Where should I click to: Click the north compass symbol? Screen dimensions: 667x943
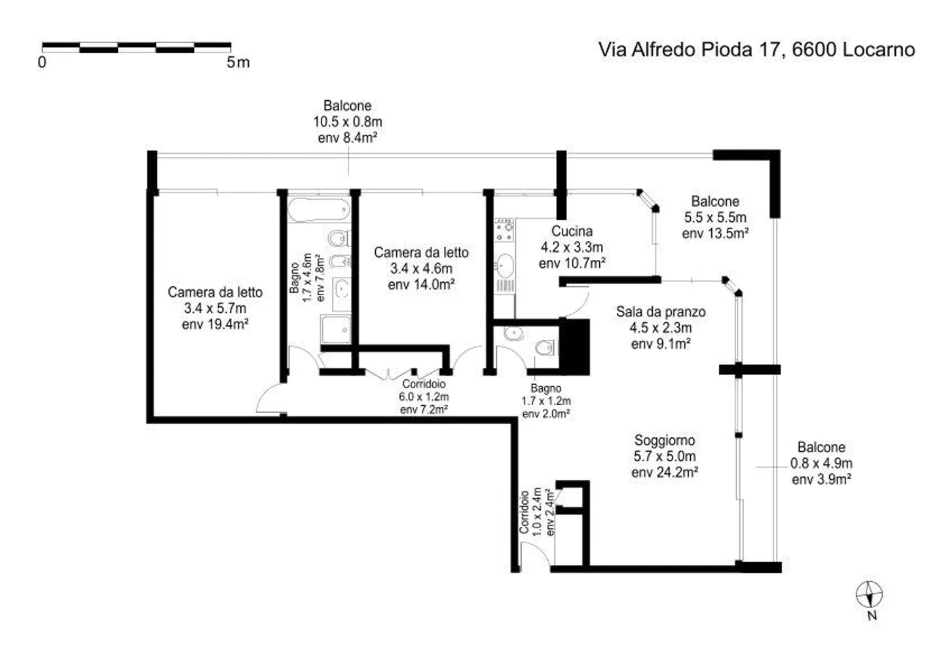click(869, 595)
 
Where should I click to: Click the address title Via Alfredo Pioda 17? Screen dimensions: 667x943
click(756, 50)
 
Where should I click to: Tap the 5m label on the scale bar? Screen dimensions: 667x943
click(238, 63)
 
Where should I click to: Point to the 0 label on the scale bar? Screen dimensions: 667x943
click(43, 63)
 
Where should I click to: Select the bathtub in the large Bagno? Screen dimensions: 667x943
click(318, 210)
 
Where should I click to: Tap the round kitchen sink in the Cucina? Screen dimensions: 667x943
click(504, 265)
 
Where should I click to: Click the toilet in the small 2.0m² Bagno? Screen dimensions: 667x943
click(543, 347)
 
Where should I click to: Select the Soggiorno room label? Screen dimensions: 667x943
click(664, 441)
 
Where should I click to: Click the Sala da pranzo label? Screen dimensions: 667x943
click(660, 312)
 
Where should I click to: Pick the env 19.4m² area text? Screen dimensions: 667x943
click(215, 324)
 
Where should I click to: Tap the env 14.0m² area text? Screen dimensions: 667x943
click(421, 285)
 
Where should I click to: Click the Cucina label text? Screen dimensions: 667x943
click(572, 231)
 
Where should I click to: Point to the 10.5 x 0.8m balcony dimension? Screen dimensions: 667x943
click(347, 122)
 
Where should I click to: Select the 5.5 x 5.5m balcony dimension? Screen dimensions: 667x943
click(715, 217)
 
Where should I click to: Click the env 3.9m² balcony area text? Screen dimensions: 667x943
click(821, 479)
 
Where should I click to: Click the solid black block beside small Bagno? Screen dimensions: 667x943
click(574, 346)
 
